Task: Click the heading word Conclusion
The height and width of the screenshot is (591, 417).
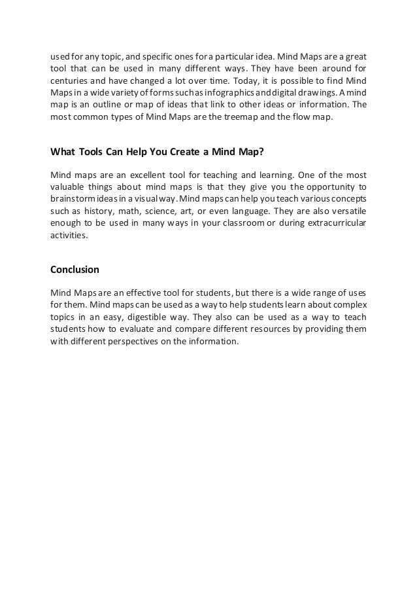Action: [x=75, y=269]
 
